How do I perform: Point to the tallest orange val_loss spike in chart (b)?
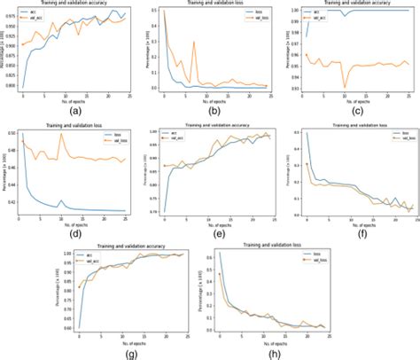194,41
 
